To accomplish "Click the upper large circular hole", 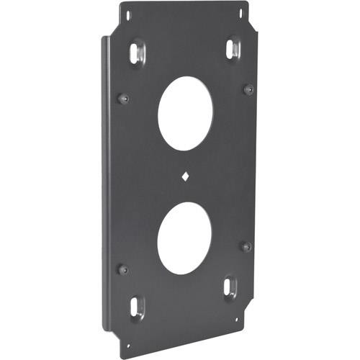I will (x=185, y=113).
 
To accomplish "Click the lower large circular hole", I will (x=184, y=238).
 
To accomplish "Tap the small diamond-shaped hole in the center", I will (x=186, y=176).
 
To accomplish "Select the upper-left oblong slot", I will (x=138, y=51).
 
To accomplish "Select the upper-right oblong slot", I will (x=231, y=48).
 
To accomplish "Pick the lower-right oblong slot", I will (x=229, y=287).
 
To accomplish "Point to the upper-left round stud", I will (x=123, y=97).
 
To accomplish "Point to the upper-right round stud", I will (x=248, y=89).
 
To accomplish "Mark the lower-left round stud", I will (x=122, y=269).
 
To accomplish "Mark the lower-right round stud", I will (x=246, y=246).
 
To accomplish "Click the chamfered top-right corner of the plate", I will (x=253, y=25).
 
